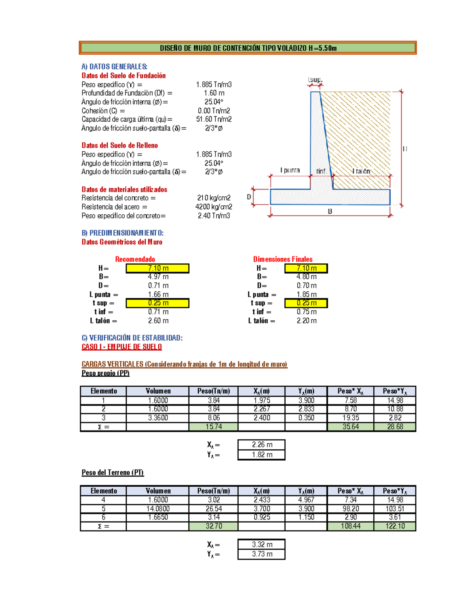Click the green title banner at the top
tap(248, 48)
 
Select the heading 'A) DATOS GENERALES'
tap(114, 66)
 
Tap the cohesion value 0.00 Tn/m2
tap(214, 111)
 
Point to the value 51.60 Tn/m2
tap(214, 119)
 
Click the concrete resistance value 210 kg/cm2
tap(214, 198)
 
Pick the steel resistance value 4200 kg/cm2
tap(214, 207)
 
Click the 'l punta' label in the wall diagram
tap(290, 170)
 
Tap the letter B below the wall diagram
tap(330, 212)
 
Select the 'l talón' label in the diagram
tap(361, 171)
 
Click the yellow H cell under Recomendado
tap(158, 268)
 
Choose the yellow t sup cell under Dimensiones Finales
tap(306, 303)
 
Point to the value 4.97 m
tap(158, 277)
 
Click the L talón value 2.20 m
tap(307, 321)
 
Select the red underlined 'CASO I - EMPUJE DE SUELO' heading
tap(122, 347)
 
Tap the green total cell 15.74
tap(214, 427)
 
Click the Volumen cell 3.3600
tap(158, 418)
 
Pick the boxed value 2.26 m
tap(262, 445)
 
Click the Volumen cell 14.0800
tap(158, 509)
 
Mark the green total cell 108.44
tap(351, 526)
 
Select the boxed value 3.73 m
tap(262, 554)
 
